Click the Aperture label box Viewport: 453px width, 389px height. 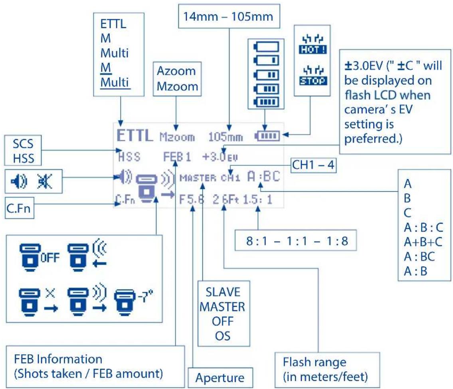(x=220, y=377)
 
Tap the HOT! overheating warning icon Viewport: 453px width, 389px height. (x=313, y=45)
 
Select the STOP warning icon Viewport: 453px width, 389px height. (x=313, y=76)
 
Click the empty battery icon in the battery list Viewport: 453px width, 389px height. (x=266, y=47)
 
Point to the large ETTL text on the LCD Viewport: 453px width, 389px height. (x=135, y=135)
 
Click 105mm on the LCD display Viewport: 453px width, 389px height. (x=226, y=137)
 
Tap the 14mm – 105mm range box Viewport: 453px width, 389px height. (x=229, y=16)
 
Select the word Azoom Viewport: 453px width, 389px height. (x=176, y=71)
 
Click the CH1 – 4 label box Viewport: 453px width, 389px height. (x=313, y=165)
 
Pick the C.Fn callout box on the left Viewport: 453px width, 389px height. (x=19, y=208)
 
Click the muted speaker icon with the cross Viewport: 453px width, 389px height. (x=45, y=181)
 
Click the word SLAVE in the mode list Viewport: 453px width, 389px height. (x=223, y=292)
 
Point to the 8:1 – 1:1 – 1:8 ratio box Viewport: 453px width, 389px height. (x=296, y=240)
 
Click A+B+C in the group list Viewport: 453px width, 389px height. (x=423, y=242)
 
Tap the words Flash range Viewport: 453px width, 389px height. (x=315, y=362)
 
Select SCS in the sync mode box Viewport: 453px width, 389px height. (x=23, y=144)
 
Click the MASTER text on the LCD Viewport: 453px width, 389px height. (x=198, y=178)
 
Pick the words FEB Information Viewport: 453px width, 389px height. (x=58, y=359)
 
